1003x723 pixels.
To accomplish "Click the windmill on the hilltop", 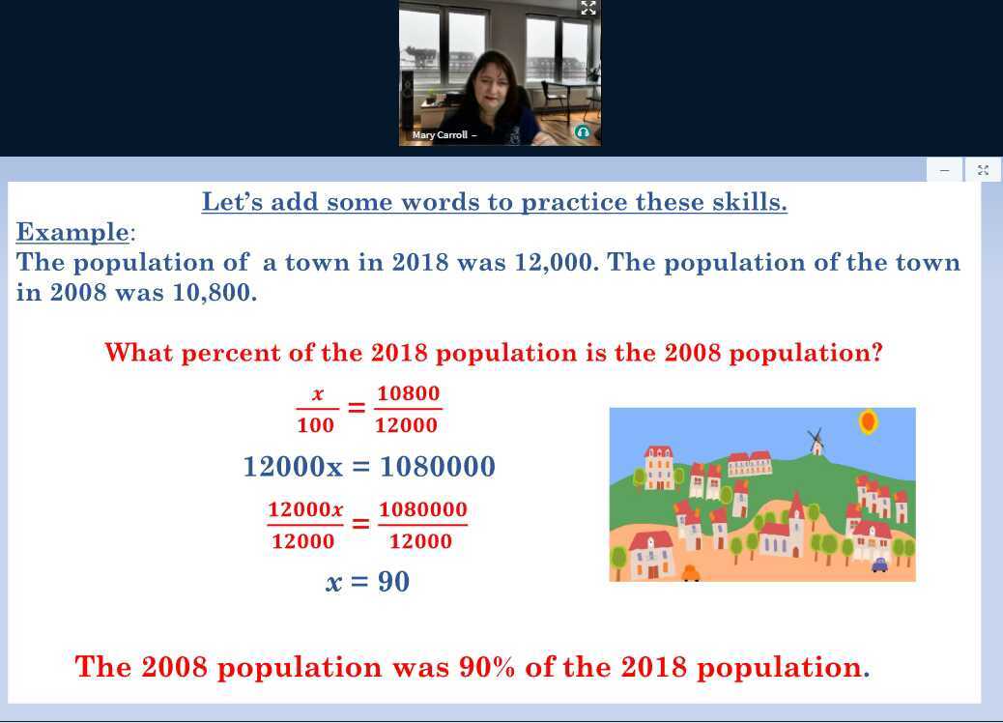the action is click(816, 442).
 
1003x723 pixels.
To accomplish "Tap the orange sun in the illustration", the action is click(868, 421).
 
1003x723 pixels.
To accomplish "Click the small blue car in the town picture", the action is click(879, 564).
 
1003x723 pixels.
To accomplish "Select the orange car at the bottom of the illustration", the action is click(691, 573).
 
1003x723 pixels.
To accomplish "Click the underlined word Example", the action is click(72, 232).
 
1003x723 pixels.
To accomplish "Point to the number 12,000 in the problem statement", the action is click(557, 263).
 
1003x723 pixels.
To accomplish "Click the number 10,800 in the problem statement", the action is click(215, 293).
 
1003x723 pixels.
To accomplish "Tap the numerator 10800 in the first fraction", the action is click(408, 392).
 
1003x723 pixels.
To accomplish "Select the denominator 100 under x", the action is click(315, 425).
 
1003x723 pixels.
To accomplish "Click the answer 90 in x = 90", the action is click(393, 582).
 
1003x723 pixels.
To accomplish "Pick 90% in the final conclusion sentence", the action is click(487, 667).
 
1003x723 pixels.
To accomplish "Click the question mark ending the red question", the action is click(877, 353).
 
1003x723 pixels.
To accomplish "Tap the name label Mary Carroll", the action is click(440, 135).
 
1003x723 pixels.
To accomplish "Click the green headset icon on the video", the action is click(582, 132).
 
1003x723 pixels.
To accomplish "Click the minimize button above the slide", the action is click(945, 170).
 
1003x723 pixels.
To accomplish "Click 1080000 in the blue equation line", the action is click(438, 467).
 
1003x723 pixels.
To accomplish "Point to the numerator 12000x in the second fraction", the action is click(305, 509).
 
